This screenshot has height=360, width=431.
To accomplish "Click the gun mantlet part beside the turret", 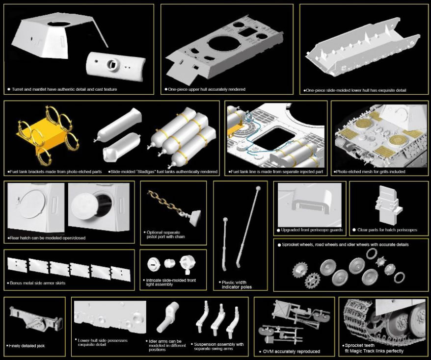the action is (115, 66).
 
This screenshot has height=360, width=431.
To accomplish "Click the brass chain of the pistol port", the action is (165, 202).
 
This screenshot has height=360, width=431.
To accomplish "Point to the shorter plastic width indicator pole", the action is (225, 243).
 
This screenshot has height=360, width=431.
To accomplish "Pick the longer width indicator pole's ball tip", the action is (258, 188).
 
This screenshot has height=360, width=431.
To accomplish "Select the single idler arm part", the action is (168, 317).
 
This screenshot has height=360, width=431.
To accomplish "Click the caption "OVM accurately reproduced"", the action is (292, 352).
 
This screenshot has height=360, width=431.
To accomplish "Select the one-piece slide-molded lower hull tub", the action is (363, 47).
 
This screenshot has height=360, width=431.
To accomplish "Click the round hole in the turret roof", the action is (58, 25).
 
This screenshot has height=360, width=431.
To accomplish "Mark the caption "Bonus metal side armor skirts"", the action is (38, 283).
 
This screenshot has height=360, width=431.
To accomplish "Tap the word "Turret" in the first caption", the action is (18, 89).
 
